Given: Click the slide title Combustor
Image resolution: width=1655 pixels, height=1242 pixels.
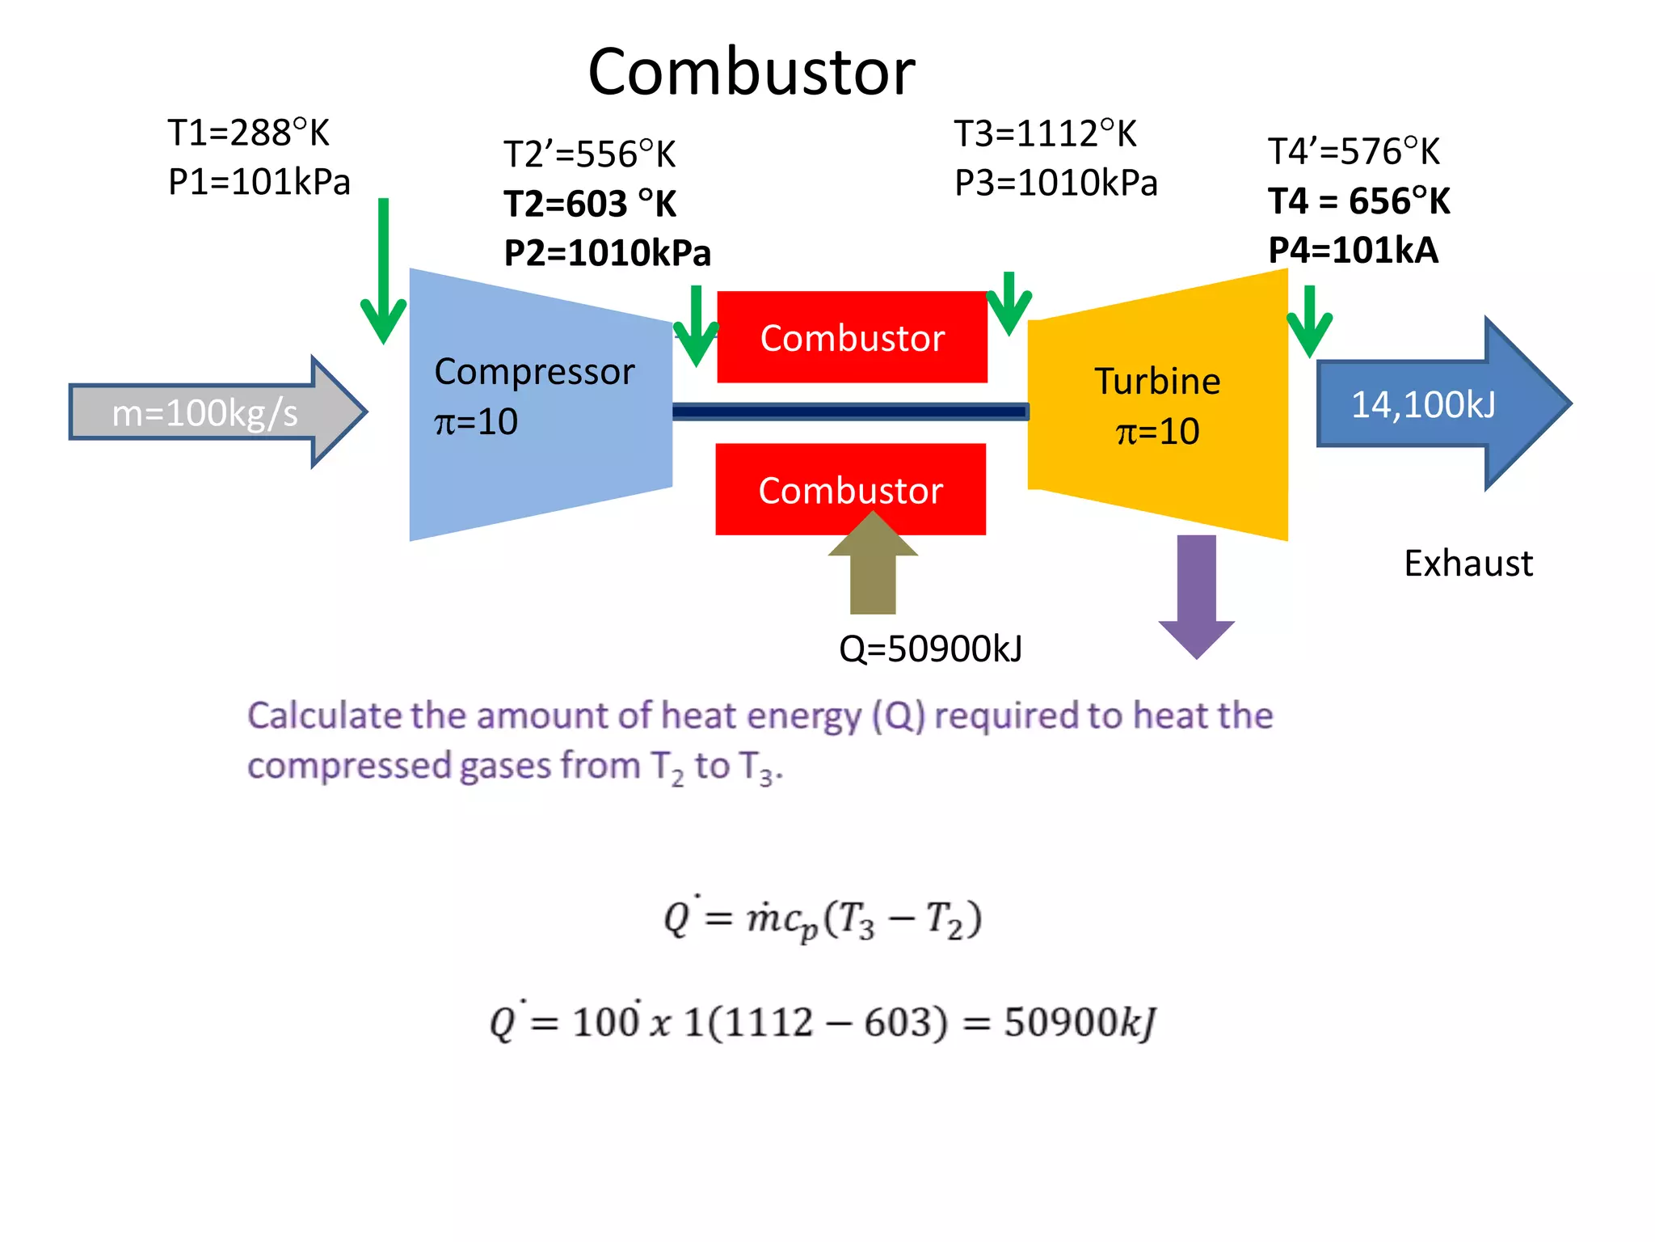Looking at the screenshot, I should pos(751,72).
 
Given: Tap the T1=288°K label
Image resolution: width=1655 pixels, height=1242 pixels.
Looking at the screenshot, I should pos(248,133).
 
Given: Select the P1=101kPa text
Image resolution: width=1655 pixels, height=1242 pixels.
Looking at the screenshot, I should pos(259,182).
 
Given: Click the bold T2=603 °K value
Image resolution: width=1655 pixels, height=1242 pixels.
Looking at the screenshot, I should pos(590,204).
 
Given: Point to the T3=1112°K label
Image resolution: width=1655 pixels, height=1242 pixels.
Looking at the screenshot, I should pos(1045,134).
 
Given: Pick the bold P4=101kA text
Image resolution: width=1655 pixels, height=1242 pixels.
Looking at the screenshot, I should pos(1353,251).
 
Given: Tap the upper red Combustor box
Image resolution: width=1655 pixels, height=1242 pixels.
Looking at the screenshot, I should pos(852,337).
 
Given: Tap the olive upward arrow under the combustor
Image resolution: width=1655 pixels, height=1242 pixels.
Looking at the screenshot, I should pos(873,570).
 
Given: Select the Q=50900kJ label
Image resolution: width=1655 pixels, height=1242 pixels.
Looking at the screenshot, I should pos(930,648).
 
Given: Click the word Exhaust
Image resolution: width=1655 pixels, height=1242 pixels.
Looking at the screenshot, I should pos(1468,564).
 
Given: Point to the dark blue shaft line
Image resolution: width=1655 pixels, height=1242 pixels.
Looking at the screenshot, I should pos(849,412).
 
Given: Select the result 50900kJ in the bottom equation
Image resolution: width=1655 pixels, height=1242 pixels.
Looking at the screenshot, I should pos(1080,1023).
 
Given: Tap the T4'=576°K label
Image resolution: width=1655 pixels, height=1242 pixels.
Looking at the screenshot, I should pos(1354,152).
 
